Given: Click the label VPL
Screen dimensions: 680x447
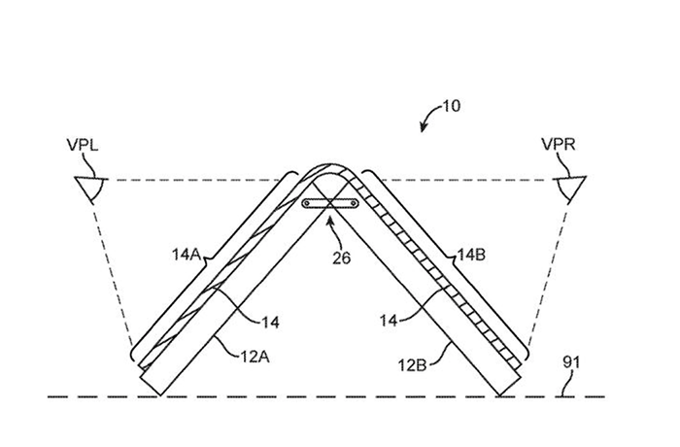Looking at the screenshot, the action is [83, 145].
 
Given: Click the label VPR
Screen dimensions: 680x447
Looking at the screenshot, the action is [559, 144].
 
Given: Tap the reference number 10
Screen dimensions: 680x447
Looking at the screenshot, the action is [451, 106].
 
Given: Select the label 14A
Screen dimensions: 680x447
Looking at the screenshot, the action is [187, 255].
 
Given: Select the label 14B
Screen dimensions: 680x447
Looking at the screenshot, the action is [471, 255].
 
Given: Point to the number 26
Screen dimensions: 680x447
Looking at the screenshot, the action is [341, 258].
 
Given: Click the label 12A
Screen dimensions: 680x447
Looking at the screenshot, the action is [255, 357].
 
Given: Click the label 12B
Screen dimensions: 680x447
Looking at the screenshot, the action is [412, 365].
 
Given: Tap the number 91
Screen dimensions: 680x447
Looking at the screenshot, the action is [571, 361].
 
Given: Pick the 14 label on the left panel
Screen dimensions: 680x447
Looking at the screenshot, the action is [270, 323].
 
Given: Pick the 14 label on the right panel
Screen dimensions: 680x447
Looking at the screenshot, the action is [389, 321].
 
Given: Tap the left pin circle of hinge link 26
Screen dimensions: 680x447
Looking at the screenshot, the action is [307, 203].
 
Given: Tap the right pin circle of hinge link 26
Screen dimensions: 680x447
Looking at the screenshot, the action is [354, 203].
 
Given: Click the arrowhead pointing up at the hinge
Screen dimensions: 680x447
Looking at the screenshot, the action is [330, 220].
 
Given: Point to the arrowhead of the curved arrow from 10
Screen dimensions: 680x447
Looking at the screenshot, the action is [424, 127].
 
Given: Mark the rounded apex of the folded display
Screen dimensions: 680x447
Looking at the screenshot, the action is [330, 166].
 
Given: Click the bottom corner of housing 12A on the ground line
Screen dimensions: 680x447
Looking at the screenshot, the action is [159, 395].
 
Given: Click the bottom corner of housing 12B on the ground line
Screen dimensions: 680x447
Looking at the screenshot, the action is [499, 395].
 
